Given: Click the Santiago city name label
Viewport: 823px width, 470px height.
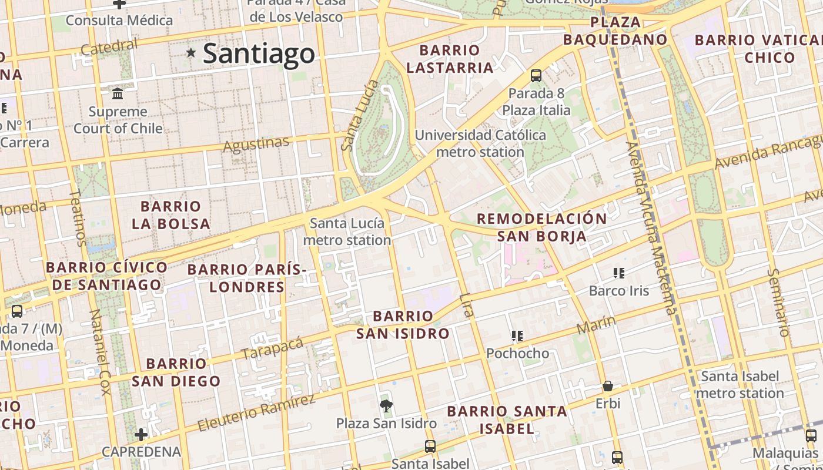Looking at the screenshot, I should coord(259,54).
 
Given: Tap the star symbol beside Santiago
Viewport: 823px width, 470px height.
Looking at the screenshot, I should coord(191,53).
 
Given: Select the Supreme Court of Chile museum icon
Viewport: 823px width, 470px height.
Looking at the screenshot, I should coord(118,93).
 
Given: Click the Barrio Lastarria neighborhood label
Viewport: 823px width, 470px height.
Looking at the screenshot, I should coord(450,59).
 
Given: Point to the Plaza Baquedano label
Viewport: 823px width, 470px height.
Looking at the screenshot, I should coord(615,31).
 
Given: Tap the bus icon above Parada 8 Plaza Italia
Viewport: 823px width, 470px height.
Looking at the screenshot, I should coord(536,75).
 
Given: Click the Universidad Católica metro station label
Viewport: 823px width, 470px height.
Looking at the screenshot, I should coord(480,143).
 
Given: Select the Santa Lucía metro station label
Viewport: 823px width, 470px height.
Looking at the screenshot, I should coord(347,231).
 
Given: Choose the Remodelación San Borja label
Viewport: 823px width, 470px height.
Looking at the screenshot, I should coord(541,227).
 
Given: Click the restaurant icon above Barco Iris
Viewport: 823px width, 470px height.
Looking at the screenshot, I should coord(618,273).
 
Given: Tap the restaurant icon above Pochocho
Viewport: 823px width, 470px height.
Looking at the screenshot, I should coord(517,336).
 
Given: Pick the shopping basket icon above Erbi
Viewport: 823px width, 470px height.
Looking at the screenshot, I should coord(608,386).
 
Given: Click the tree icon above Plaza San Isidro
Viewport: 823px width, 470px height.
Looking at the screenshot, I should coord(386,405).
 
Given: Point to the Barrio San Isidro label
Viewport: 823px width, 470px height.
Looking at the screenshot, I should coord(403,325).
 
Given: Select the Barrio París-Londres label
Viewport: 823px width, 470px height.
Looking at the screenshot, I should coord(247,278).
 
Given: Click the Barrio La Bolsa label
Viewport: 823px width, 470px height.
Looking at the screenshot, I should coord(170,215).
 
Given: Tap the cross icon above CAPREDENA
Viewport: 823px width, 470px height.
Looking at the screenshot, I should coord(141,435).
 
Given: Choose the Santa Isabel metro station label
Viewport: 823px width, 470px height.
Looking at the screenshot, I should coord(740,384).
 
